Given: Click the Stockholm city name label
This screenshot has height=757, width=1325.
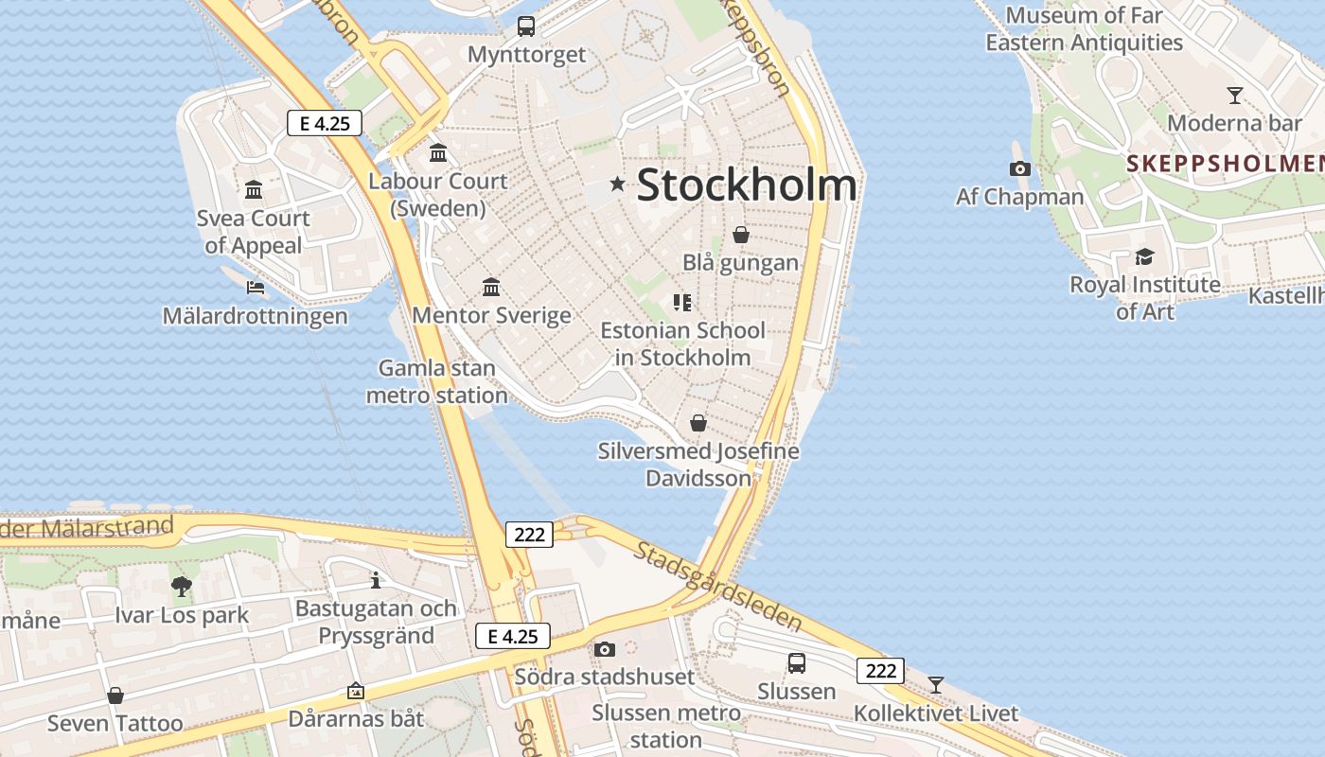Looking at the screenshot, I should (747, 185).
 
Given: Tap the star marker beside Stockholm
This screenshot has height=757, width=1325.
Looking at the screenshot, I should (618, 184).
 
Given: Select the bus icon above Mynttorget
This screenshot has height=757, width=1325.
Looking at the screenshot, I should (526, 26).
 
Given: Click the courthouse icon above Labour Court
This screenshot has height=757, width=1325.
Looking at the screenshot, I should (438, 152).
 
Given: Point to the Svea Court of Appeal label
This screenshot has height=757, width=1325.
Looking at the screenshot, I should (254, 232).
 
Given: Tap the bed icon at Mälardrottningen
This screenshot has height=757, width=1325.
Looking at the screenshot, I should (255, 287).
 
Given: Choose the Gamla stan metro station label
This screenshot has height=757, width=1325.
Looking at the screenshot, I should (437, 381).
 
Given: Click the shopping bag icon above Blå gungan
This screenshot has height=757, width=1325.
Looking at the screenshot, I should (741, 234).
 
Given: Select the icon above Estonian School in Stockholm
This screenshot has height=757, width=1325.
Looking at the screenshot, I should (682, 303).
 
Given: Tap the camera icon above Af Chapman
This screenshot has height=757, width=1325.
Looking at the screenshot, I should (1019, 168).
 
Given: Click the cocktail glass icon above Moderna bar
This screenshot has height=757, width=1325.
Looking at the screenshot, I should (1234, 95).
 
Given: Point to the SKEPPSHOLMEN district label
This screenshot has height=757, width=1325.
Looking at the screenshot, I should (1224, 163).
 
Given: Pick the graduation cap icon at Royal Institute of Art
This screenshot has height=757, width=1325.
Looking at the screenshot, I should (1144, 256).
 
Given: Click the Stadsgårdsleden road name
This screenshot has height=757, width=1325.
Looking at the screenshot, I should (719, 587).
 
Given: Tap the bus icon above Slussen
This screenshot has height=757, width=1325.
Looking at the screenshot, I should (797, 662).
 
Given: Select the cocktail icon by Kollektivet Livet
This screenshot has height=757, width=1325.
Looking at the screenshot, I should (936, 684).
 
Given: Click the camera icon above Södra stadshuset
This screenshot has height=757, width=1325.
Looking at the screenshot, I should (605, 649).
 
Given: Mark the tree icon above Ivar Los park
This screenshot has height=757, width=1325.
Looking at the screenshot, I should (182, 587).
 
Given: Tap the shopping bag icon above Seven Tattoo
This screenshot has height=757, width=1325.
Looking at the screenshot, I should (115, 695).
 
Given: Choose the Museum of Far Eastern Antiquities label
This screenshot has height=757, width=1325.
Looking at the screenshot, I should (1084, 28).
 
